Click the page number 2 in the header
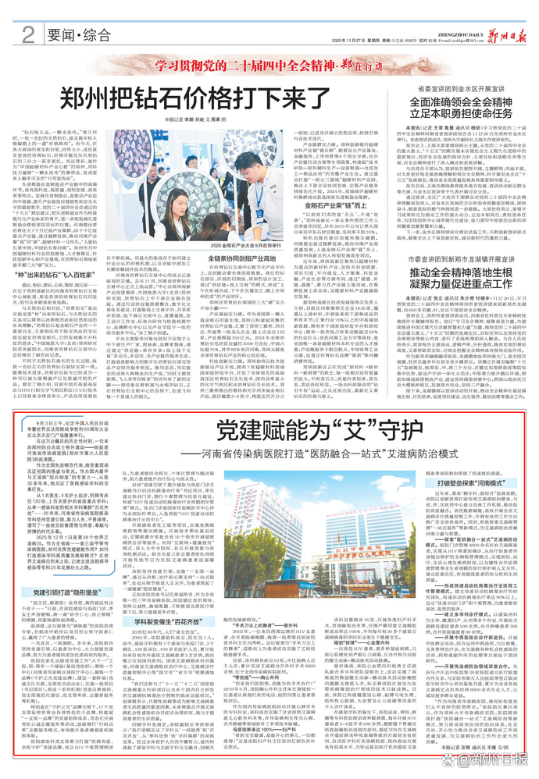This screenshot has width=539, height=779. [x=29, y=33]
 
